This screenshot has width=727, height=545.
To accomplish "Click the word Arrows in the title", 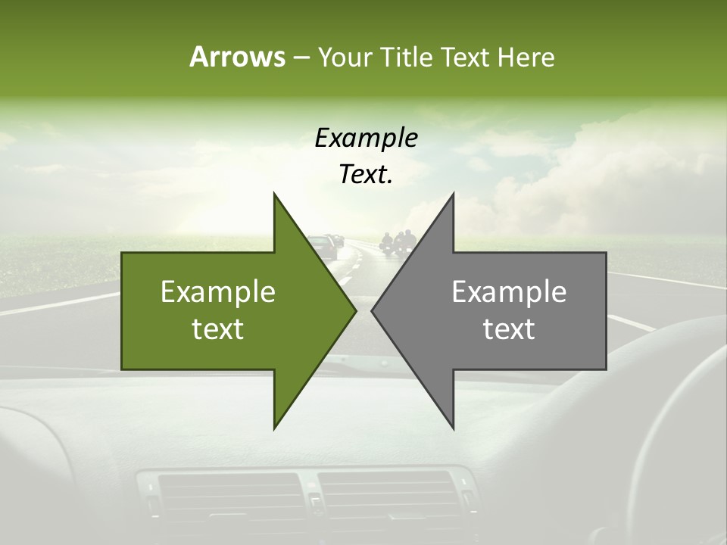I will pyautogui.click(x=237, y=57).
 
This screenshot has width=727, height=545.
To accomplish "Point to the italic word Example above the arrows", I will pyautogui.click(x=366, y=138).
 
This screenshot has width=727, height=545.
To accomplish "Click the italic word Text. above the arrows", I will pyautogui.click(x=366, y=175).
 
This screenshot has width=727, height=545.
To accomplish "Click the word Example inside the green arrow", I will pyautogui.click(x=218, y=292).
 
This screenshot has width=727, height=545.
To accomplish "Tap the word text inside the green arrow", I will pyautogui.click(x=218, y=329).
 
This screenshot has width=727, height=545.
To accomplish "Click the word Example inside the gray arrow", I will pyautogui.click(x=509, y=292).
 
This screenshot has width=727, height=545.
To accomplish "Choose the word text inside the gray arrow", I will pyautogui.click(x=509, y=329).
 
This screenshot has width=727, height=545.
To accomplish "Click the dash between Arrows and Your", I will pyautogui.click(x=301, y=58).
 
